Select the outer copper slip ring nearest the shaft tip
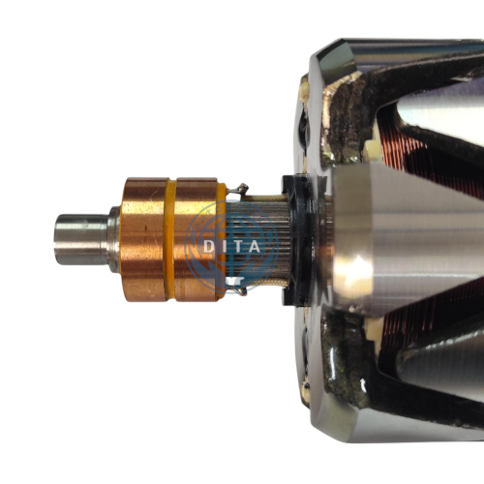pos(143,239)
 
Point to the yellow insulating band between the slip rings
pos(171,239)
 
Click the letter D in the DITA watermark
pos(209,247)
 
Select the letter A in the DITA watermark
pos(255,247)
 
